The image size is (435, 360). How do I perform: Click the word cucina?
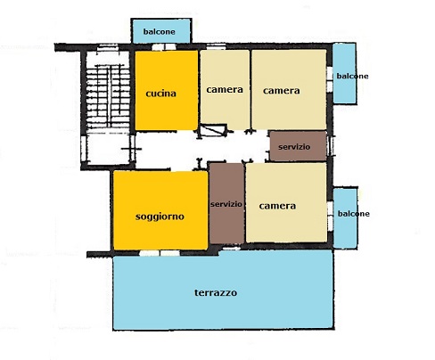tap(160, 94)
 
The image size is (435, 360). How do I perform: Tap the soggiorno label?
tap(160, 217)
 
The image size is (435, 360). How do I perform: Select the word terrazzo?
tap(216, 293)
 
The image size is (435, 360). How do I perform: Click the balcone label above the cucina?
tap(160, 31)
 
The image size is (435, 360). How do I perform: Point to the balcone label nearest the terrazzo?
tap(354, 214)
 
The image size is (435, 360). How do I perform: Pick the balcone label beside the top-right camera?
tap(352, 76)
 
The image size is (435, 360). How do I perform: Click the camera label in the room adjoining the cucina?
tap(225, 89)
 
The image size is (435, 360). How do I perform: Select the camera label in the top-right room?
tap(281, 90)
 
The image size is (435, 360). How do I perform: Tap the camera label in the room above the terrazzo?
tap(277, 206)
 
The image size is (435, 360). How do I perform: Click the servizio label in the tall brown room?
tap(226, 204)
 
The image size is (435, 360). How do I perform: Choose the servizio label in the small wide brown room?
tap(294, 147)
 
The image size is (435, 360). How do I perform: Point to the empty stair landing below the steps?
tap(108, 148)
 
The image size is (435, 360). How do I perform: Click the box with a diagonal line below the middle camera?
tap(213, 130)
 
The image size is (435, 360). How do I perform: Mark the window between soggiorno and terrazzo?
tap(160, 253)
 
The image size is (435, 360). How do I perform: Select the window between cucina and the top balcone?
tap(164, 47)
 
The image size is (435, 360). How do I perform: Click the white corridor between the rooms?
tap(202, 147)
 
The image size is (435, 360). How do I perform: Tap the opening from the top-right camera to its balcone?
tap(330, 78)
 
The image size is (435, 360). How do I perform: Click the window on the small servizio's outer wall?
tap(330, 146)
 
